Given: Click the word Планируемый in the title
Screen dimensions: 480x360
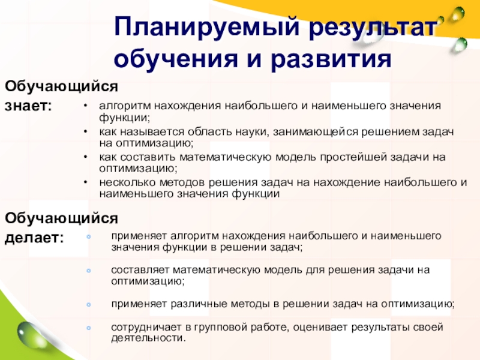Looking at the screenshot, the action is click(206, 28).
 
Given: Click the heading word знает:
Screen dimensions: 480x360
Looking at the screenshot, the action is click(28, 106).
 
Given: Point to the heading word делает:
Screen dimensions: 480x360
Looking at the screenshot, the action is click(34, 238).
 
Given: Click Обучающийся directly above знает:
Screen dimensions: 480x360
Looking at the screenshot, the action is click(61, 86).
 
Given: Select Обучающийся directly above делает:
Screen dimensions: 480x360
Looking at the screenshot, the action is click(61, 218).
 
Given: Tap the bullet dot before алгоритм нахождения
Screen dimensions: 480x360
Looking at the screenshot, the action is click(85, 106).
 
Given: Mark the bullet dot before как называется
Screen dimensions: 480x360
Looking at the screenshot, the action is click(85, 131).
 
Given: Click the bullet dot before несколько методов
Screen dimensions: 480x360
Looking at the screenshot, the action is click(85, 182).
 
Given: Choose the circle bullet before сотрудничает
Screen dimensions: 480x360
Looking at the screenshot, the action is click(89, 328).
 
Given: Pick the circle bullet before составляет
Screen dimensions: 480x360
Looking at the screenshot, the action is click(89, 271).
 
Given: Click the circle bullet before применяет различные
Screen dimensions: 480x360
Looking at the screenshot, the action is click(89, 305).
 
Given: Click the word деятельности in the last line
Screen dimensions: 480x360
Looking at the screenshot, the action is click(148, 338).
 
